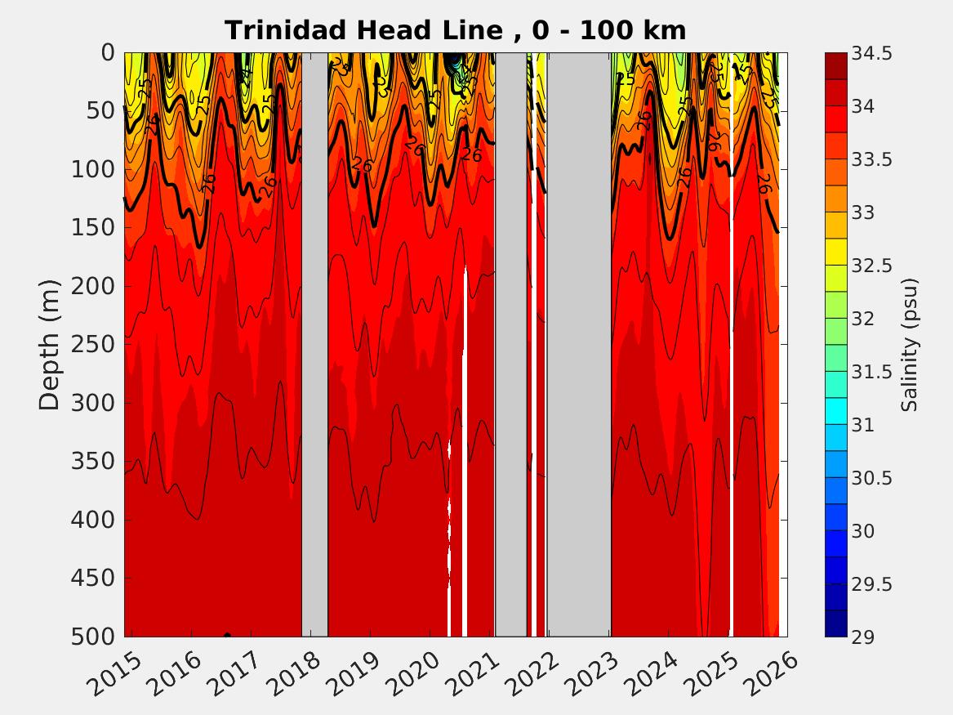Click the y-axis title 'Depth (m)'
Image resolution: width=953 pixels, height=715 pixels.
click(x=49, y=343)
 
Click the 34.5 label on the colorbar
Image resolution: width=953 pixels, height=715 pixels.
click(x=874, y=54)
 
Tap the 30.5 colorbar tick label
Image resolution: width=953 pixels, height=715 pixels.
click(x=874, y=478)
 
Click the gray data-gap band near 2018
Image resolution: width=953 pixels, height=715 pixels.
click(x=314, y=343)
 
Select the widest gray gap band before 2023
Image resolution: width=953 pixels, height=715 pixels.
click(x=578, y=343)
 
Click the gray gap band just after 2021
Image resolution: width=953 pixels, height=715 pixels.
click(x=511, y=343)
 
